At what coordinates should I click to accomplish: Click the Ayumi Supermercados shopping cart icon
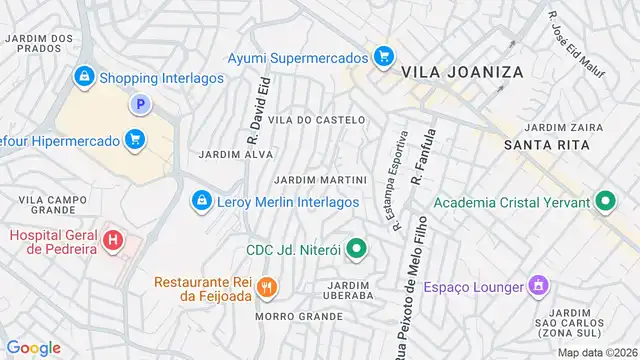pyautogui.click(x=382, y=57)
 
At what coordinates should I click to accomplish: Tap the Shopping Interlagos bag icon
pyautogui.click(x=83, y=76)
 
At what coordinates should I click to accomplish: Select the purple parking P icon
pyautogui.click(x=141, y=104)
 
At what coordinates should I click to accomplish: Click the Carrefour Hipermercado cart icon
pyautogui.click(x=134, y=140)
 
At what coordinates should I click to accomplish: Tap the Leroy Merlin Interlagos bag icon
pyautogui.click(x=202, y=202)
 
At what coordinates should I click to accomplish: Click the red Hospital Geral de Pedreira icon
pyautogui.click(x=114, y=241)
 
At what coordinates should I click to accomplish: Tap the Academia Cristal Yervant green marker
pyautogui.click(x=604, y=202)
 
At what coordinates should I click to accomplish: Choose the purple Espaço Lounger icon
pyautogui.click(x=538, y=287)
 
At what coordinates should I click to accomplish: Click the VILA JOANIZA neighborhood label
pyautogui.click(x=450, y=73)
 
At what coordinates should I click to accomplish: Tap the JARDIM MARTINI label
pyautogui.click(x=320, y=180)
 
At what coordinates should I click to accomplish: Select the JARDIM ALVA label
pyautogui.click(x=236, y=155)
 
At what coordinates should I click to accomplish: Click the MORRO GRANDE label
pyautogui.click(x=299, y=316)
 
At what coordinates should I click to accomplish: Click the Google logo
pyautogui.click(x=34, y=347)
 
